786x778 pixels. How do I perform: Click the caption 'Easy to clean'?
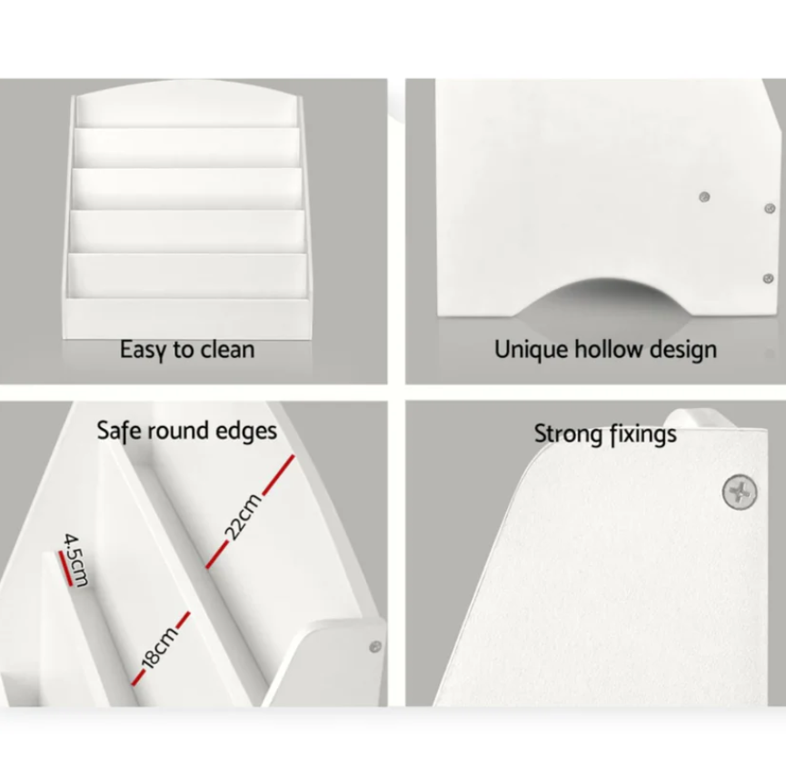point(187,350)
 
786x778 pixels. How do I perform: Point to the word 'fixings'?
point(642,434)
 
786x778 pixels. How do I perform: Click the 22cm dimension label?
point(244,516)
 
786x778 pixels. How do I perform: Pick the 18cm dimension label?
point(159,647)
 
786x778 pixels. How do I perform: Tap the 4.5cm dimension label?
point(75,560)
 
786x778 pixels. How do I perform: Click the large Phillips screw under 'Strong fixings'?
point(740,493)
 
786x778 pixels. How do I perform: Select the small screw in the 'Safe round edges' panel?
point(375,646)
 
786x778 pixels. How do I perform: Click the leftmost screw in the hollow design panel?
point(704,197)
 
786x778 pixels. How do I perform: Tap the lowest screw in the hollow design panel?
point(768,278)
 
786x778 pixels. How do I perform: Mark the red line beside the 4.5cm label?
point(65,568)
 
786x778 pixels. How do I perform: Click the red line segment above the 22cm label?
point(278,474)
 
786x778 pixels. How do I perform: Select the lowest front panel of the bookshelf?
point(186,319)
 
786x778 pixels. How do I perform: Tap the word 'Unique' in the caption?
point(532,349)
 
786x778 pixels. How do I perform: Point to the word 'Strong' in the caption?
point(569,434)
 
